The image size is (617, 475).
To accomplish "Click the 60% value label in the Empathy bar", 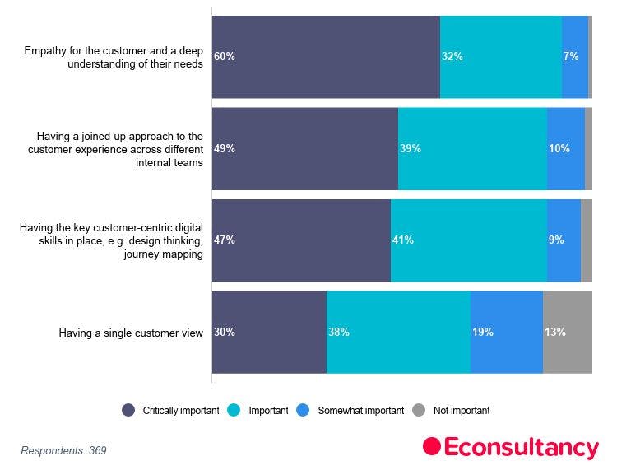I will [225, 57].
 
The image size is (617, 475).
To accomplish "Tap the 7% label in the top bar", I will [571, 57].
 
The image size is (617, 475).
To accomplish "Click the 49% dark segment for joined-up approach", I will [305, 149].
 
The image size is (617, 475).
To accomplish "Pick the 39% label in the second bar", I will [410, 149].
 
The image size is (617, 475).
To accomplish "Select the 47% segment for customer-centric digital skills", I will [301, 240].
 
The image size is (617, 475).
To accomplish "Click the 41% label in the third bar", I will [402, 240].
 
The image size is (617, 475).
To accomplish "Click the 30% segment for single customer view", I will [269, 333].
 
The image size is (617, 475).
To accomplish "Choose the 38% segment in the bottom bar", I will [398, 333].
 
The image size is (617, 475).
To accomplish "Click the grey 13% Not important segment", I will [567, 333].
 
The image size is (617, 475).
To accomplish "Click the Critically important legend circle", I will [128, 410].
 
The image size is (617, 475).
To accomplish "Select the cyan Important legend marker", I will [234, 410].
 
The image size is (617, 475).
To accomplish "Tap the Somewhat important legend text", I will [360, 410].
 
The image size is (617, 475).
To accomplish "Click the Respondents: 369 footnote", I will [63, 450].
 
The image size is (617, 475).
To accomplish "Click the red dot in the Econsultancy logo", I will [432, 447].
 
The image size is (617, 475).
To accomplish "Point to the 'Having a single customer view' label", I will [131, 333].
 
